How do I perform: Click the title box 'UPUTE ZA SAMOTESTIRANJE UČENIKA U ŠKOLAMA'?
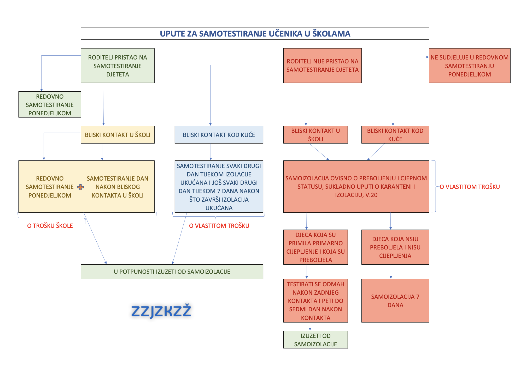pyautogui.click(x=255, y=34)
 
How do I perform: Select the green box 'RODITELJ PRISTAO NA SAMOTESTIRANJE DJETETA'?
pyautogui.click(x=118, y=66)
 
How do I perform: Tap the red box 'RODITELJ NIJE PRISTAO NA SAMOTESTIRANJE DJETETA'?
pyautogui.click(x=322, y=66)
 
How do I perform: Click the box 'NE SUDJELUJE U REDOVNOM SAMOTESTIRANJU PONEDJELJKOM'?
pyautogui.click(x=469, y=66)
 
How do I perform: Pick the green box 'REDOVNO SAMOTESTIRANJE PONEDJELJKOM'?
pyautogui.click(x=50, y=104)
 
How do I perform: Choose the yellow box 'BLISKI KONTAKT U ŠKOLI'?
pyautogui.click(x=118, y=135)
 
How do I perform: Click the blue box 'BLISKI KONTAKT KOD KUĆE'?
pyautogui.click(x=219, y=135)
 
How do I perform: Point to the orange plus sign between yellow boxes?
pyautogui.click(x=81, y=187)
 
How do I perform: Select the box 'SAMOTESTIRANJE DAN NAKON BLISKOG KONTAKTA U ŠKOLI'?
pyautogui.click(x=118, y=187)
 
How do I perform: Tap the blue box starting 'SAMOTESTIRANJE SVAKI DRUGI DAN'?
pyautogui.click(x=219, y=187)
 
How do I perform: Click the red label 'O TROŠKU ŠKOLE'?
pyautogui.click(x=50, y=226)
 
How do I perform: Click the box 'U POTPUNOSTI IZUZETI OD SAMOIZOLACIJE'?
pyautogui.click(x=172, y=272)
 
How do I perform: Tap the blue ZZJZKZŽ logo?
pyautogui.click(x=161, y=311)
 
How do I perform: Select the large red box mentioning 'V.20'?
pyautogui.click(x=356, y=187)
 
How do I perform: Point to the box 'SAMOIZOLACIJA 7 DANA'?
pyautogui.click(x=395, y=301)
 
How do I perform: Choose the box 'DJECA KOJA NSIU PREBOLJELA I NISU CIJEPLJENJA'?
pyautogui.click(x=395, y=247)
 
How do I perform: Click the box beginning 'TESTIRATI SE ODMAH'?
pyautogui.click(x=315, y=301)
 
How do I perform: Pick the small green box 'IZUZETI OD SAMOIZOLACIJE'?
pyautogui.click(x=315, y=340)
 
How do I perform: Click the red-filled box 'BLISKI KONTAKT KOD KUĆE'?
pyautogui.click(x=395, y=135)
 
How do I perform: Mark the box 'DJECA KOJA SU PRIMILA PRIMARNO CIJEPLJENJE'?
pyautogui.click(x=315, y=247)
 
